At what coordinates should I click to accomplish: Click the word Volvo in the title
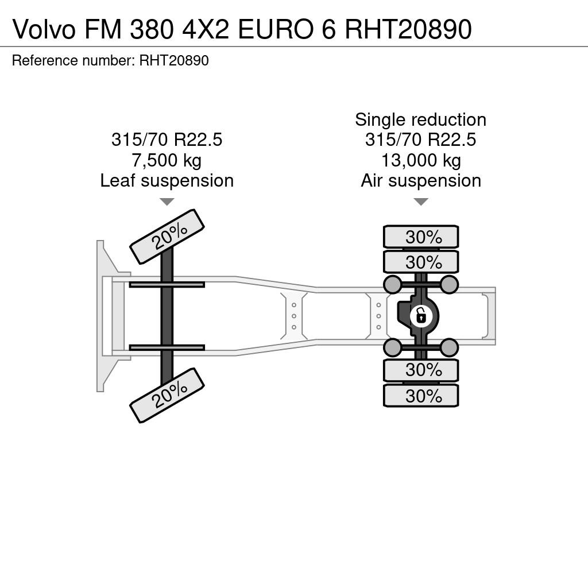coord(44,29)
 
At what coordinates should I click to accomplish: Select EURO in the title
coord(275,29)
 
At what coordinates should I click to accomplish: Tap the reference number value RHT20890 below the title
coord(174,60)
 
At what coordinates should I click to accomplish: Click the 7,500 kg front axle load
coord(167,161)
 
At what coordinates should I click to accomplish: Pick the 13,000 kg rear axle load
coord(421,161)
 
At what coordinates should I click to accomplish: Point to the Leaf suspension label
coord(167,181)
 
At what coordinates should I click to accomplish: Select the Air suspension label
coord(421,181)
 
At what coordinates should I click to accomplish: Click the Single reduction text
coord(421,120)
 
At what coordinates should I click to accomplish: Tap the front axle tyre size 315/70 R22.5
coord(167,140)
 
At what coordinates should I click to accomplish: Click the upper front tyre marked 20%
coord(167,237)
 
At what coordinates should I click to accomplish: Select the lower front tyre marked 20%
coord(167,396)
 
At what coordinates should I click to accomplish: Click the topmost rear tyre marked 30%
coord(421,237)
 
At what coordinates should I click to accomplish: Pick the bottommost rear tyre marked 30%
coord(421,396)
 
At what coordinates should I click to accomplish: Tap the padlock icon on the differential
coord(421,316)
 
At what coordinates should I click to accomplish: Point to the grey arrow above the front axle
coord(167,202)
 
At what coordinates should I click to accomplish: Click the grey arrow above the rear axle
coord(421,202)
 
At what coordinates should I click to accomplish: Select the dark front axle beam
coord(167,316)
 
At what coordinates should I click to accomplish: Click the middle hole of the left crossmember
coord(294,316)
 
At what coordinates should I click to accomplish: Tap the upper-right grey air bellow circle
coord(449,284)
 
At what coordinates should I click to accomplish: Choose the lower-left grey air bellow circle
coord(393,347)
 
